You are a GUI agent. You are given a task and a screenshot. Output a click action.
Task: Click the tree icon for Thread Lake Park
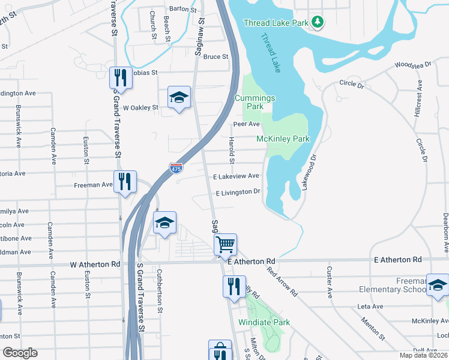(x=318, y=23)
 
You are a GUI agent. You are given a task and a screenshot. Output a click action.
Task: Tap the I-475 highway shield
(x=176, y=169)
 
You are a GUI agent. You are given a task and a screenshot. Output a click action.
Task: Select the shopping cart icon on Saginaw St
(x=225, y=244)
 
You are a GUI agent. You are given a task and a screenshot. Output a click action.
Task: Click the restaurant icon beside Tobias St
(x=121, y=78)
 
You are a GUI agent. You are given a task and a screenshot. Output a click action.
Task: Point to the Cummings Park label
(x=255, y=102)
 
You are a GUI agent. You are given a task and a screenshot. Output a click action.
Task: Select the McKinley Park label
(x=283, y=139)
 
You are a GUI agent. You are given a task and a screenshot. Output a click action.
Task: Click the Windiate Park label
(x=264, y=322)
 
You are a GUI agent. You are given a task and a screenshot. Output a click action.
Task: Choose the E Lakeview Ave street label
(x=237, y=176)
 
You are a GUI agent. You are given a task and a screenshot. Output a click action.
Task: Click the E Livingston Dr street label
(x=238, y=192)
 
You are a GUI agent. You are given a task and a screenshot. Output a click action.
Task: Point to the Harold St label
(x=231, y=149)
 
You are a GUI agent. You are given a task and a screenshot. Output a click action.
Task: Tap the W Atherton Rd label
(x=95, y=264)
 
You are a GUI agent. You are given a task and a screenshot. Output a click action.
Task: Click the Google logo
(x=20, y=353)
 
